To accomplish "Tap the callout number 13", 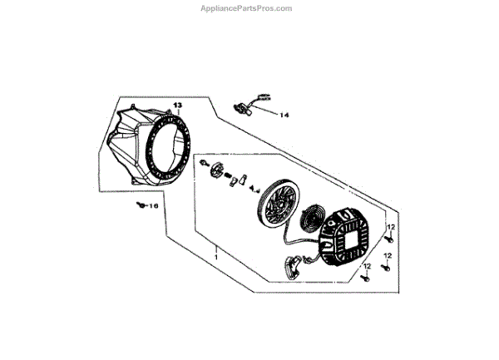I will (x=177, y=106).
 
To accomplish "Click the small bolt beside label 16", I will (x=140, y=205).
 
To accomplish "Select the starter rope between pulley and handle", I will (x=287, y=241).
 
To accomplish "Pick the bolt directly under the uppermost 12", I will (x=388, y=239).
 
